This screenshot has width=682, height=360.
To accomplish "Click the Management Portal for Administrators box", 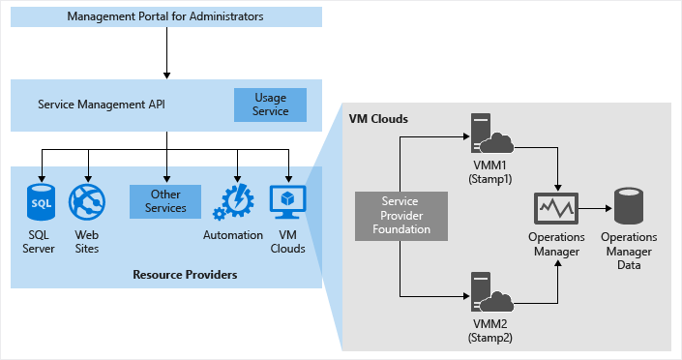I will click(x=165, y=16).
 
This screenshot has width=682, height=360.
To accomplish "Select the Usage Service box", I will click(x=270, y=105).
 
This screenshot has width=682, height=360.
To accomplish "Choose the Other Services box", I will click(x=164, y=201).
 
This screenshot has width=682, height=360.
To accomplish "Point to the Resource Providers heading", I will click(x=185, y=275).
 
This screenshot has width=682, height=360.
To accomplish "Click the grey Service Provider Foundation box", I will click(x=400, y=214).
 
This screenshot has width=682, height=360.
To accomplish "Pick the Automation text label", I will click(x=233, y=235).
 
